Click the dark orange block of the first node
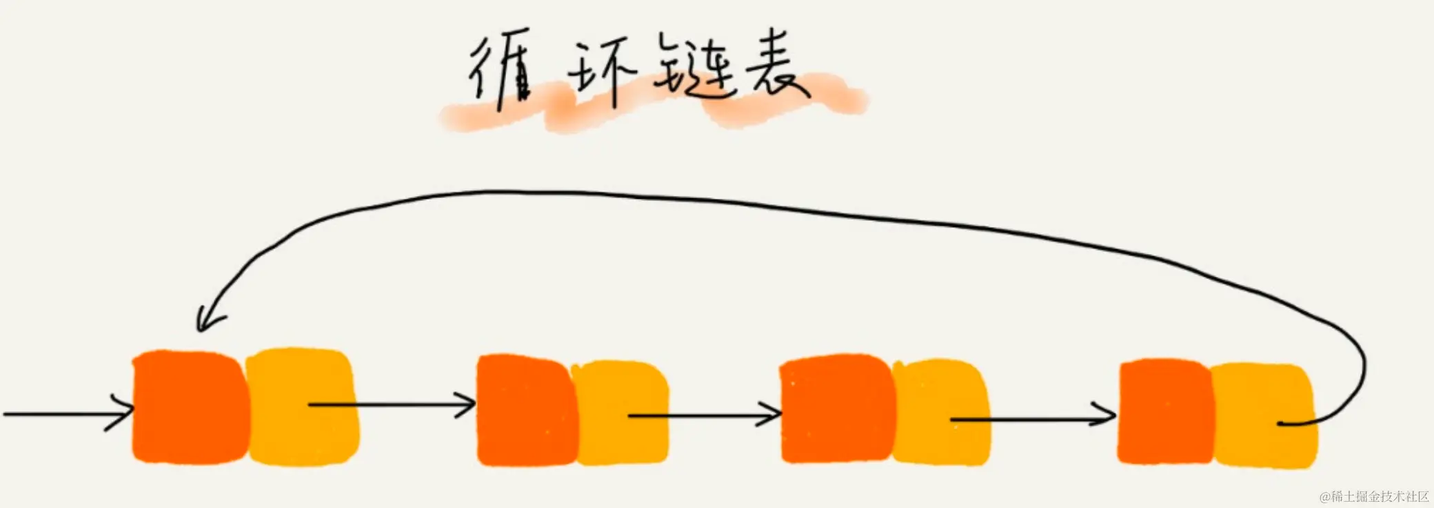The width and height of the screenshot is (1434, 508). coord(190,407)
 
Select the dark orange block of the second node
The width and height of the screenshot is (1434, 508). coord(525,410)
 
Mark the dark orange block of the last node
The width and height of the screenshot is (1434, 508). coord(1165,411)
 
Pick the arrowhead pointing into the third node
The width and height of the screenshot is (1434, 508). coord(774,415)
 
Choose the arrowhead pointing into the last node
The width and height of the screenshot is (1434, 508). coord(1109,416)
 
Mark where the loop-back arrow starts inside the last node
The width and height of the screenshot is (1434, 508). coord(1281,423)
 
